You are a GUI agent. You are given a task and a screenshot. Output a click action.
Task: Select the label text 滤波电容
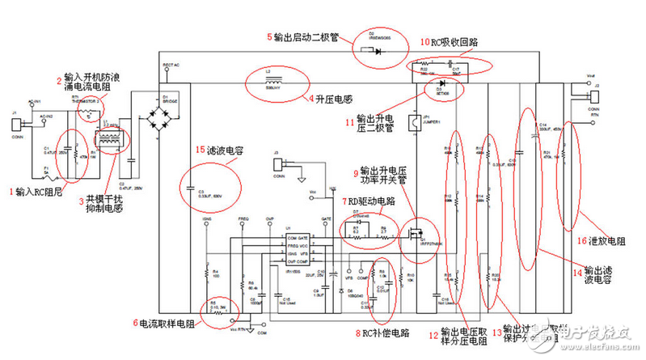227,150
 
